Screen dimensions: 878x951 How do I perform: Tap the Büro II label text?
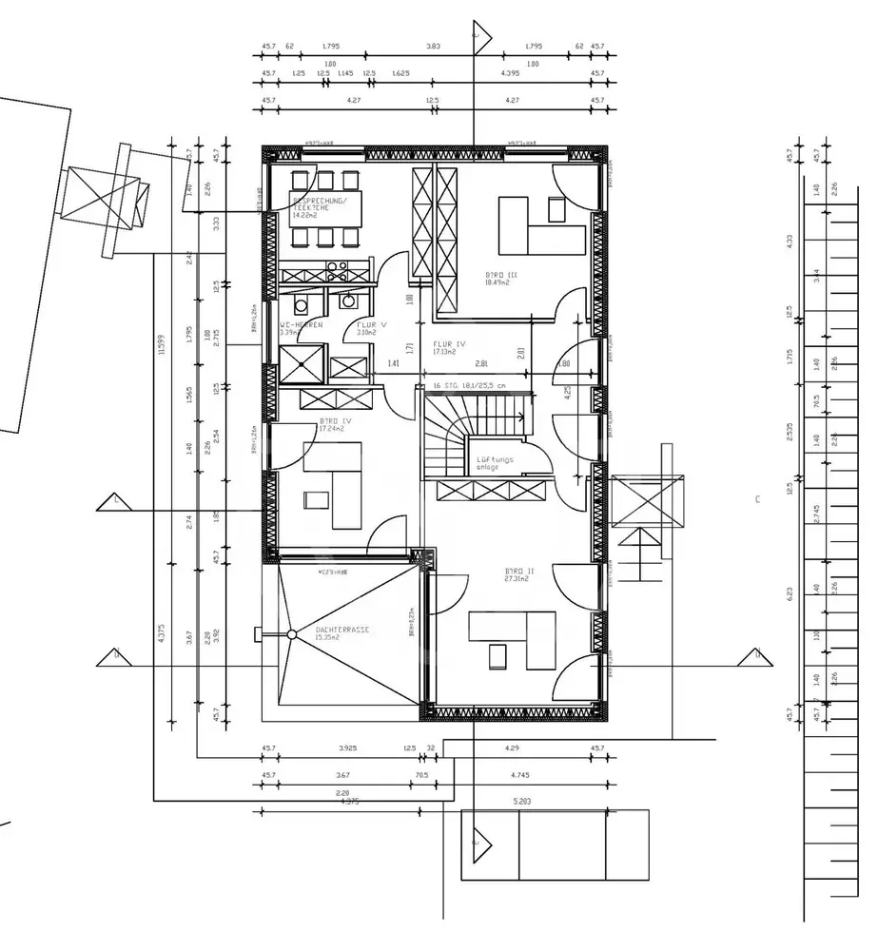(519, 572)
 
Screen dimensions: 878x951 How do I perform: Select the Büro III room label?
(500, 274)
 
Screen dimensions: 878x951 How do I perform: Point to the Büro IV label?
(334, 420)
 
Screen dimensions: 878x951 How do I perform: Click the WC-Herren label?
(301, 325)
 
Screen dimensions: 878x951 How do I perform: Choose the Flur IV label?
(447, 343)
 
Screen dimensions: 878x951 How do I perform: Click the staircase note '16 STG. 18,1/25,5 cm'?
(468, 386)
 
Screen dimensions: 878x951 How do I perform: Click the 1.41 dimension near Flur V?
(393, 363)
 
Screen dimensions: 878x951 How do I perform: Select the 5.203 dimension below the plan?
(521, 802)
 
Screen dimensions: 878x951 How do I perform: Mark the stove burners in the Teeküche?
(335, 267)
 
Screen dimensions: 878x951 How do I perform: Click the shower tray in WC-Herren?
(301, 362)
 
